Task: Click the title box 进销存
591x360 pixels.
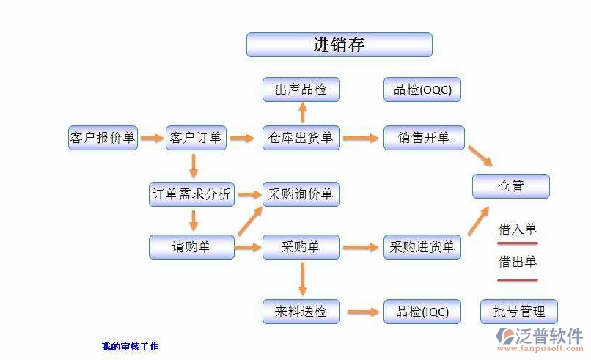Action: tap(339, 45)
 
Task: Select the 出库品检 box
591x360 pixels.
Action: tap(301, 89)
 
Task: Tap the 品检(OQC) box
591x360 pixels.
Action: tap(422, 89)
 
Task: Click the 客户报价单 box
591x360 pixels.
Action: tap(103, 137)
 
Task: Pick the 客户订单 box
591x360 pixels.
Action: tap(195, 137)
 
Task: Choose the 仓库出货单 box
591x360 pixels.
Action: tap(301, 137)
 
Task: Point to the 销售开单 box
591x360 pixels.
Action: tap(423, 137)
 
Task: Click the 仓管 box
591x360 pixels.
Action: tap(510, 186)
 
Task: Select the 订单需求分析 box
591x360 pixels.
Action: tap(191, 194)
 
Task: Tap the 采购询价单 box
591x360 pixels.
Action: tap(301, 194)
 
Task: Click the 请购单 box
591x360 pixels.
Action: tap(191, 247)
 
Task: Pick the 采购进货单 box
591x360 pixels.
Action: tap(422, 247)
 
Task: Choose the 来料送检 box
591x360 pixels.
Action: tap(301, 312)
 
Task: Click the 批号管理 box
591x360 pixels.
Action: tap(518, 312)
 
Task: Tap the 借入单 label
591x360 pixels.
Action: tap(518, 229)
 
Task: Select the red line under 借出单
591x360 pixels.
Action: tap(518, 279)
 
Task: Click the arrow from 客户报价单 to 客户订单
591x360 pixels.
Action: tap(152, 137)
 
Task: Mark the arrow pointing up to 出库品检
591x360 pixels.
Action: tap(301, 113)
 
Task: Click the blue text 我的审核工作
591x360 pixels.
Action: tap(130, 346)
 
